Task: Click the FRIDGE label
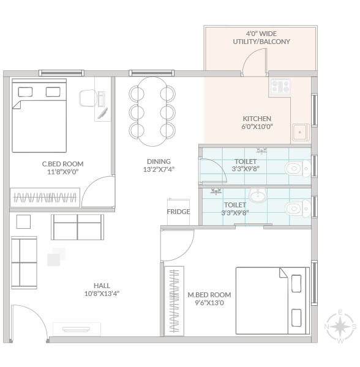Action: [179, 212]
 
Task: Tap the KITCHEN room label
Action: [257, 119]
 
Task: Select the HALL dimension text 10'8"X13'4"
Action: [102, 294]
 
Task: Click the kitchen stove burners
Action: [280, 86]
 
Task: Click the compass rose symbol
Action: [340, 327]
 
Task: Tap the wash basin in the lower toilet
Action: [257, 195]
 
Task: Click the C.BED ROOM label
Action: [63, 164]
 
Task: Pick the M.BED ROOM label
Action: [209, 295]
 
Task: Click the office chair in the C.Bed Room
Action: [88, 98]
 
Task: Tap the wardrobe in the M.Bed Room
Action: [174, 301]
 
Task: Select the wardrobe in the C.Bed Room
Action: [45, 198]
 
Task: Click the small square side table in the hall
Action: [23, 221]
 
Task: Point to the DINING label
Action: [159, 161]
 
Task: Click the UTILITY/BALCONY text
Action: [261, 42]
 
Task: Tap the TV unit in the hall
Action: [77, 329]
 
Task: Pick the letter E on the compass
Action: [340, 312]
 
